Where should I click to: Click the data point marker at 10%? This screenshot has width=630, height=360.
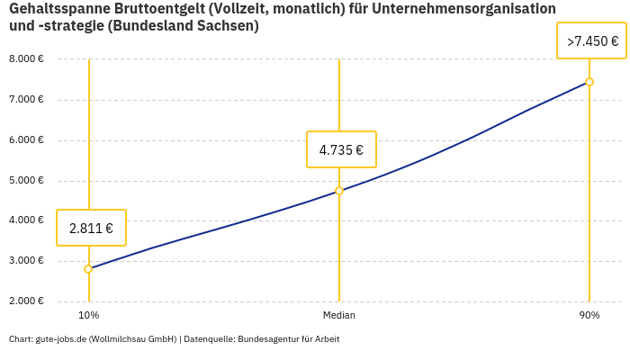tap(88, 269)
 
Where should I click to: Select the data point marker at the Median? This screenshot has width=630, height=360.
tap(339, 191)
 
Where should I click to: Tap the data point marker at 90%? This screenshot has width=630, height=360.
tap(589, 82)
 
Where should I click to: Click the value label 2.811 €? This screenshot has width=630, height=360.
tap(91, 229)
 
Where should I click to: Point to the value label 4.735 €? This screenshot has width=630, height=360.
tap(341, 149)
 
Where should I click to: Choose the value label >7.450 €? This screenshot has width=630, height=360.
tap(592, 41)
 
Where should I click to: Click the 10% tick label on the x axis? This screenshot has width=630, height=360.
tap(88, 315)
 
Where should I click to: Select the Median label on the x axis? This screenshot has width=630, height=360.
tap(339, 315)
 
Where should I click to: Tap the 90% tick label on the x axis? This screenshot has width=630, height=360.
tap(589, 315)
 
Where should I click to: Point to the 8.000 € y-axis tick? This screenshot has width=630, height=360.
tap(26, 59)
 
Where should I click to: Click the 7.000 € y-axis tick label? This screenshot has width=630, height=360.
tap(26, 99)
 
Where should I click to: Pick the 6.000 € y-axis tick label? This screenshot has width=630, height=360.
tap(26, 139)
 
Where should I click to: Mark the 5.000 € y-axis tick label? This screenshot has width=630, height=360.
tap(26, 180)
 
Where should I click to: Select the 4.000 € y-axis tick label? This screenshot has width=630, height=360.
tap(26, 220)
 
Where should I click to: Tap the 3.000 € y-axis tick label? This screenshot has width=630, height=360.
tap(26, 260)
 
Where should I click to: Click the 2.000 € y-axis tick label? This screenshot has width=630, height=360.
tap(26, 301)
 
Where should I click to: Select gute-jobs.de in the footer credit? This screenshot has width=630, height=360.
tap(61, 339)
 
